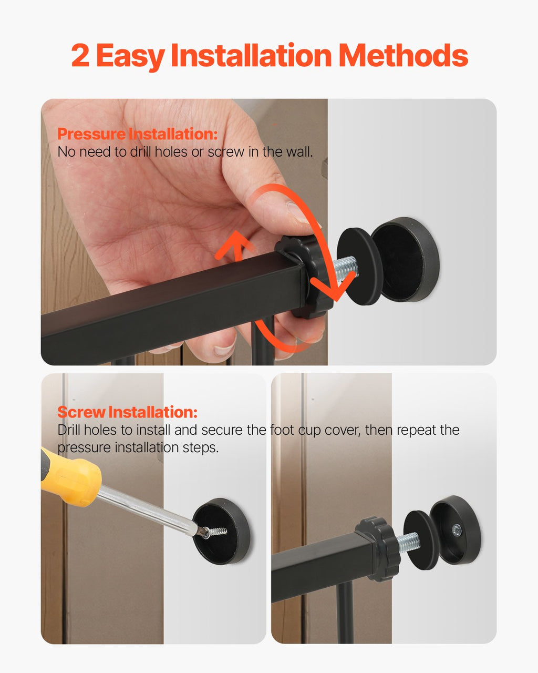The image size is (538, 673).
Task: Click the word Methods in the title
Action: [x=403, y=55]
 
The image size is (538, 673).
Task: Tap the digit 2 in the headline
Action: [x=80, y=56]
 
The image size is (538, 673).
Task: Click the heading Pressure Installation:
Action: [x=138, y=134]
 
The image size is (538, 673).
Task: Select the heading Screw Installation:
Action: [x=127, y=412]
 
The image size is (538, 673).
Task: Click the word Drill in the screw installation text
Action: [x=69, y=430]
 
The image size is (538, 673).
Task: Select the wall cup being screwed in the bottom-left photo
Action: [x=221, y=532]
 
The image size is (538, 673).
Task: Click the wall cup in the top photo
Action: [x=405, y=260]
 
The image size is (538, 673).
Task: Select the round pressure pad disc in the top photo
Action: [x=359, y=267]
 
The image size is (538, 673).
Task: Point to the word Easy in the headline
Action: [x=130, y=57]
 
